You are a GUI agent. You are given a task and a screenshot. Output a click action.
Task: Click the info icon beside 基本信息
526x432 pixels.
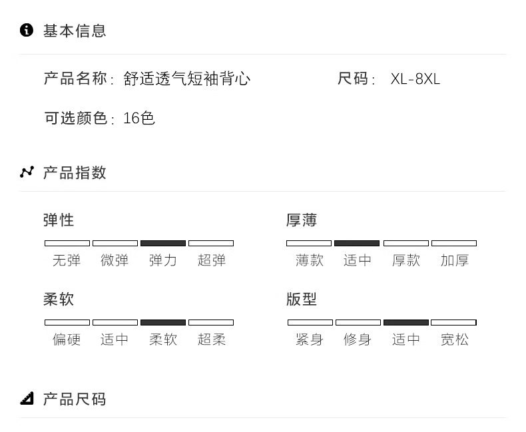click(x=27, y=30)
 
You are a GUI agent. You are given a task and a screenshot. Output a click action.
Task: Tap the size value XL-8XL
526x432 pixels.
click(x=415, y=79)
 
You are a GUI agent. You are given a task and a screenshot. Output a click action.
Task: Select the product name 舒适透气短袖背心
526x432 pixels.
click(x=187, y=79)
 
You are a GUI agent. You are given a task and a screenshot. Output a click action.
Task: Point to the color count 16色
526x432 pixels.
click(x=139, y=118)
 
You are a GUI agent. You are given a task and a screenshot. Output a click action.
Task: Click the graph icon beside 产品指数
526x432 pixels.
click(x=27, y=172)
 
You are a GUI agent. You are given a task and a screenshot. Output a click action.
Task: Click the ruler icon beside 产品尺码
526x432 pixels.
click(x=27, y=398)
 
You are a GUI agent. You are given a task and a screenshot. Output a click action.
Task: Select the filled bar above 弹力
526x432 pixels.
click(x=163, y=243)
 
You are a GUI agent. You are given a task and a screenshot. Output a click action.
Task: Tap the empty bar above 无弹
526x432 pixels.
click(x=67, y=243)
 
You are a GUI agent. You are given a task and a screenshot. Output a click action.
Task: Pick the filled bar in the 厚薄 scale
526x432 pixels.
click(x=357, y=243)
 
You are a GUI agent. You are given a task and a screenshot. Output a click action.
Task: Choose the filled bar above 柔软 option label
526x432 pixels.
click(x=163, y=322)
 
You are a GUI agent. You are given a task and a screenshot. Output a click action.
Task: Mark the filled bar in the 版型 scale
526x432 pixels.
click(x=406, y=322)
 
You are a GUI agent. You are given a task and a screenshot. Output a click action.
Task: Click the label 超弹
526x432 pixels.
click(x=211, y=260)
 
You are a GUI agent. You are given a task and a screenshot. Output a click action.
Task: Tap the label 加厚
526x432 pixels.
click(x=454, y=260)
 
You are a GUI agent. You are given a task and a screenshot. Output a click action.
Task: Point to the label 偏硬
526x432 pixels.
click(x=67, y=339)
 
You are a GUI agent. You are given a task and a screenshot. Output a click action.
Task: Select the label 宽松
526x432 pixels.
click(x=454, y=339)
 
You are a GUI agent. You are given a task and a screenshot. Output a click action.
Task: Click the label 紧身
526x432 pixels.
click(x=310, y=339)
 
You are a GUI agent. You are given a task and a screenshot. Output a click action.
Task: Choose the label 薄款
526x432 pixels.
click(x=310, y=260)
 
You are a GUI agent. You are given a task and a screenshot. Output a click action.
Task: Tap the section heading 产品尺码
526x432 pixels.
click(x=75, y=399)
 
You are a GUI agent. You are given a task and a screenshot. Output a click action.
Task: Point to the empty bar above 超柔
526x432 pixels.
click(x=211, y=322)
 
